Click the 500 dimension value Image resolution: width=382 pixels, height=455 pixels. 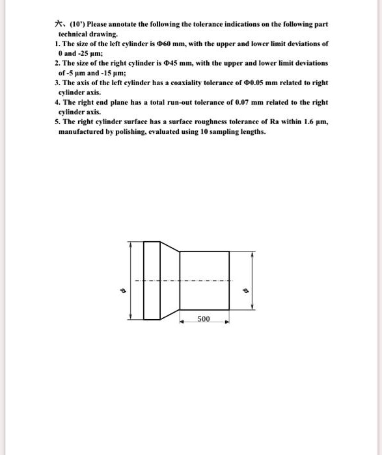[204, 319]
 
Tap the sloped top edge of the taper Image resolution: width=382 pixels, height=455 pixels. [168, 248]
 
